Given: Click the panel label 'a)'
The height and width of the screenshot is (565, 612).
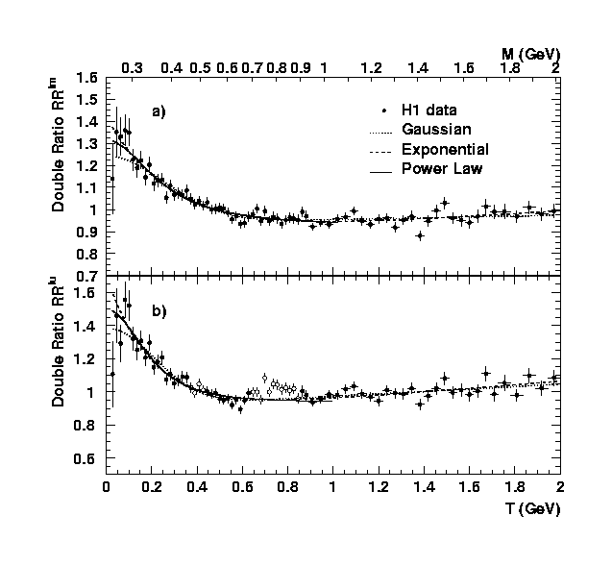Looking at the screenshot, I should click(157, 111).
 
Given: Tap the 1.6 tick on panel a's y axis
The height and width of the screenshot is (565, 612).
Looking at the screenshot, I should click(88, 77).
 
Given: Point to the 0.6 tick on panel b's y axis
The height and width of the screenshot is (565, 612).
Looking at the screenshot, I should click(88, 426).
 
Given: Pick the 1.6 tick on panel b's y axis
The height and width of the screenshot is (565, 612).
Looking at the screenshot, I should click(88, 293).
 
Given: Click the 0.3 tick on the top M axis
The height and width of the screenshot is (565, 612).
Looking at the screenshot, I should click(133, 68).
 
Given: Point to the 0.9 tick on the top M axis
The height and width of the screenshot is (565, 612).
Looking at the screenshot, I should click(301, 68).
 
